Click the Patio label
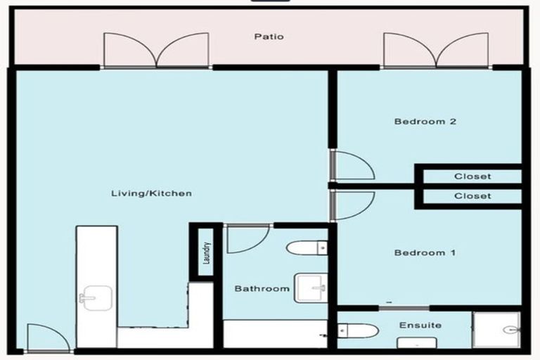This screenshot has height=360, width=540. click(269, 37)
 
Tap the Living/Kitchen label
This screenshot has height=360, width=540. click(151, 193)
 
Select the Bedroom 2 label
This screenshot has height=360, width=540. click(425, 122)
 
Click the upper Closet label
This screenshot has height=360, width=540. click(472, 176)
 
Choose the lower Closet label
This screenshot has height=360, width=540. click(472, 196)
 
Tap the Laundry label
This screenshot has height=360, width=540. click(206, 251)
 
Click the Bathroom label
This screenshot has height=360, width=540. click(262, 289)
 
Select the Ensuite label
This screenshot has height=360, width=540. click(420, 326)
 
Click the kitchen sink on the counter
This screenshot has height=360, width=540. click(96, 298)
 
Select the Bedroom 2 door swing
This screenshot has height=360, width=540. click(352, 166)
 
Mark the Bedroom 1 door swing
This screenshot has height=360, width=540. click(352, 206)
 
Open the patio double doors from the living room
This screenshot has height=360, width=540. click(156, 51)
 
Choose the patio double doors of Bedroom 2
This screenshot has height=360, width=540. click(435, 51)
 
